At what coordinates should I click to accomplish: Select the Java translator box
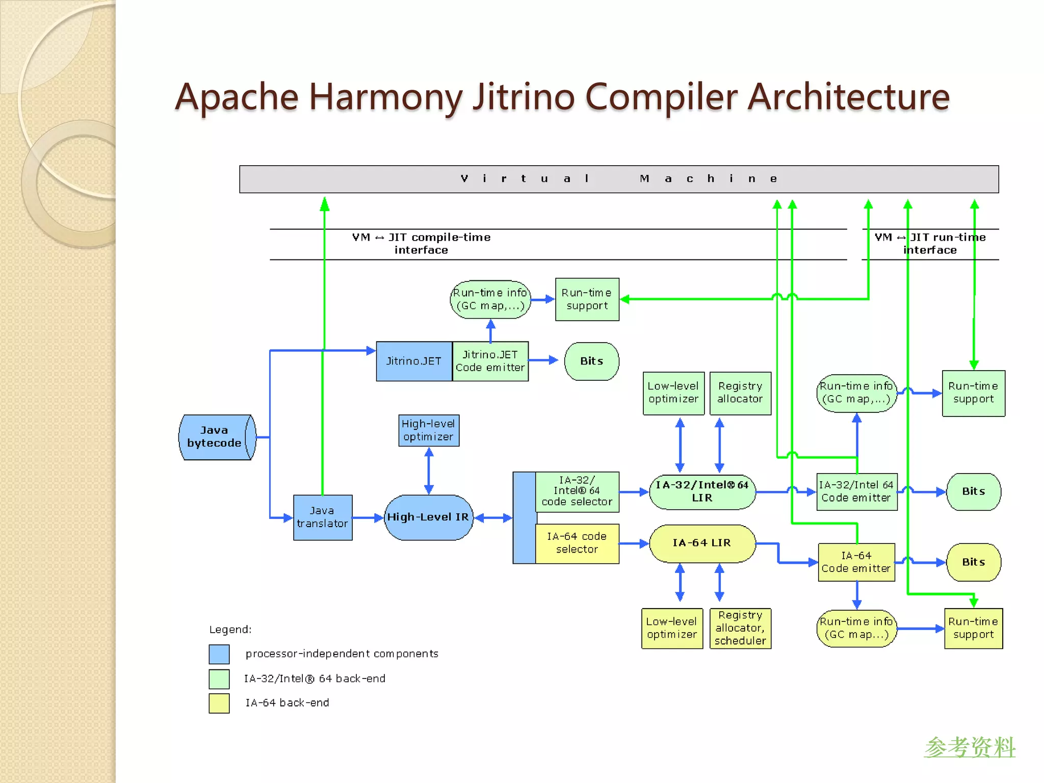coord(322,517)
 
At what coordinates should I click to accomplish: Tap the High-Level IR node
coord(428,517)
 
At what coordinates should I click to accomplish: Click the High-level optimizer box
coord(428,430)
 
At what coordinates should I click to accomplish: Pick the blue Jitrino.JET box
coord(413,361)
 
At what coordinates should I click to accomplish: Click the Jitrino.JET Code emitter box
coord(490,361)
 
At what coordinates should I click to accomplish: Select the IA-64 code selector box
coord(577,543)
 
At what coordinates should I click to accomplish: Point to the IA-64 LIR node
coord(702,543)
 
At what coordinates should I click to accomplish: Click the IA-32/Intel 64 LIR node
coord(702,491)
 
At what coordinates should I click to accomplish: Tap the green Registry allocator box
coord(740,393)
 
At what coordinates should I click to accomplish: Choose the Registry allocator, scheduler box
coord(740,628)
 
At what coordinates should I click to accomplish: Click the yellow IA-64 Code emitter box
coord(856,562)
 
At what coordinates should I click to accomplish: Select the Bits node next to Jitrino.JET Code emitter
coord(591,361)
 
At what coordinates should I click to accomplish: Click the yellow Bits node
coord(973,562)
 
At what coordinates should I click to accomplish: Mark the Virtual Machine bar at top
coord(618,179)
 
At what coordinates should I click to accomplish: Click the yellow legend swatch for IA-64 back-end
coord(219,703)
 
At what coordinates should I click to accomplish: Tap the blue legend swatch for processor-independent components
coord(219,654)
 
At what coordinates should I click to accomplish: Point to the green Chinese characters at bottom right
coord(970,747)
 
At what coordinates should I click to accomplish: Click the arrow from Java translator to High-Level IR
coord(367,517)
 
